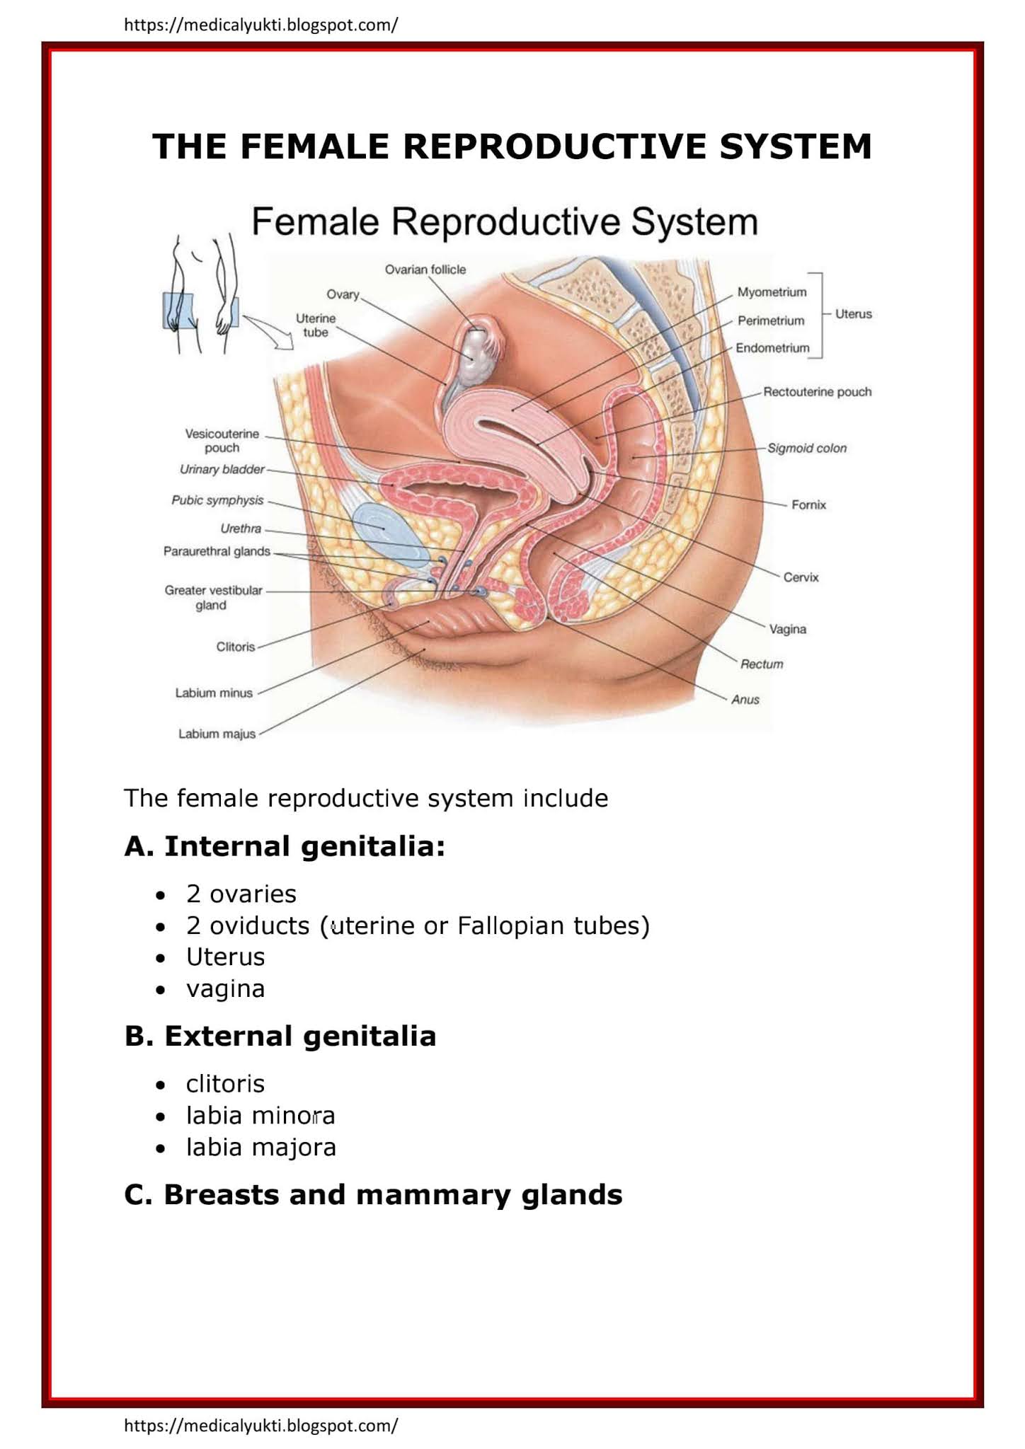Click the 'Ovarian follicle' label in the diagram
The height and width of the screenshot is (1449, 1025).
coord(425,270)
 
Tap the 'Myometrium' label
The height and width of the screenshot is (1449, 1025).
coord(772,292)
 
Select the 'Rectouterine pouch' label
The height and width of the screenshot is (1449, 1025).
coord(817,392)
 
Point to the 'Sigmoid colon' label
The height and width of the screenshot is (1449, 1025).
coord(807,449)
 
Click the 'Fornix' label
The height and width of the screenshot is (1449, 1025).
coord(808,505)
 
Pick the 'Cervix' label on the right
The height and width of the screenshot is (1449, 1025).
coord(801,577)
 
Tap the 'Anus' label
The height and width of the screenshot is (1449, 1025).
coord(745,700)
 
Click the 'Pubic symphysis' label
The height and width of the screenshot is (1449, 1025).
coord(217,500)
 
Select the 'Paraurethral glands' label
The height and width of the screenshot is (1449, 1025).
coord(217,551)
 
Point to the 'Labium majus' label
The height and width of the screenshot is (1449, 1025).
coord(217,734)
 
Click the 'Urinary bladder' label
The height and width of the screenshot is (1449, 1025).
coord(222,470)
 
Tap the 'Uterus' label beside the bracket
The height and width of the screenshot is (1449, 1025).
coord(853,314)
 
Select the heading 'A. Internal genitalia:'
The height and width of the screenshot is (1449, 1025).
coord(285,846)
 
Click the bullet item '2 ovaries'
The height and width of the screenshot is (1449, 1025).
coord(241,894)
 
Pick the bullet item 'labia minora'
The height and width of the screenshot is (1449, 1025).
coord(260,1116)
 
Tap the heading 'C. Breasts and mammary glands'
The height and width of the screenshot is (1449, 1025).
coord(373,1195)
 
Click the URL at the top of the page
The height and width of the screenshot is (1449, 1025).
coord(260,25)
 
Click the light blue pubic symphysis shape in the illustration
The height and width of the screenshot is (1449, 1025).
coord(386,527)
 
